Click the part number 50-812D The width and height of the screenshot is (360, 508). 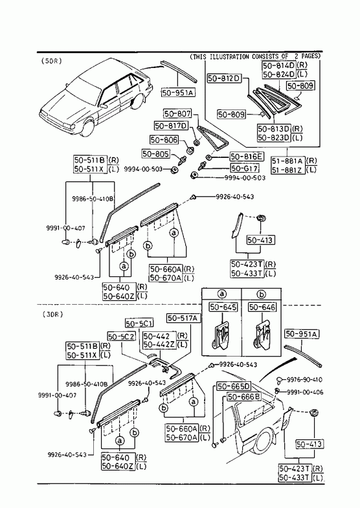point(224,78)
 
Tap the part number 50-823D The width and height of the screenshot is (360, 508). point(274,138)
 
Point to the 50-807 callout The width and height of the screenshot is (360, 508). point(177,113)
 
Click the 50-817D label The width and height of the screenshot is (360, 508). point(172,126)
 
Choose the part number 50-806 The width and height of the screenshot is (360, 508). point(164,140)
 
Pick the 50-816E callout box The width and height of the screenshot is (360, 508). point(247,157)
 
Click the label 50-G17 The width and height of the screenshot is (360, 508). point(245,168)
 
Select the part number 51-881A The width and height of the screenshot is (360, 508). point(288,160)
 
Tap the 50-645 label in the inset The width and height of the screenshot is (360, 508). point(223,307)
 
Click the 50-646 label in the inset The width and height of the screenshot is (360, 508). point(262,307)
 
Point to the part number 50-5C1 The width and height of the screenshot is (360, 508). point(139,324)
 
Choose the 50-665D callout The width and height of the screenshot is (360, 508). point(234,386)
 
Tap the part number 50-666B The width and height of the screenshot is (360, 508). point(244,397)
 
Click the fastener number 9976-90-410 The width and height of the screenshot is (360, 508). point(304,379)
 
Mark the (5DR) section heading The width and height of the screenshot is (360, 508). point(52,61)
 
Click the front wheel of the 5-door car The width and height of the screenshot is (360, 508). point(87,128)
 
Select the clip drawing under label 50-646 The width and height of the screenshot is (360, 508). point(262,337)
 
